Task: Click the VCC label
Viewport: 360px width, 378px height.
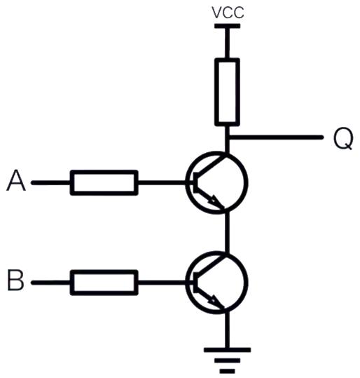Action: coord(228,13)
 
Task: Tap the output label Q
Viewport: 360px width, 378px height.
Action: coord(343,139)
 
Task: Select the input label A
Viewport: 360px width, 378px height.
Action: coord(16,180)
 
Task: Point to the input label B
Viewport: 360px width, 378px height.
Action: coord(15,281)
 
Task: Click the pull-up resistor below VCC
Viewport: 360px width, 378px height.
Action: coord(227,92)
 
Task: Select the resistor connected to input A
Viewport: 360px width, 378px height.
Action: coord(104,182)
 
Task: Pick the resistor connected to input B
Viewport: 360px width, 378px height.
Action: coord(104,283)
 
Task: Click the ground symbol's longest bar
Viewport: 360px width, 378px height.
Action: coord(227,350)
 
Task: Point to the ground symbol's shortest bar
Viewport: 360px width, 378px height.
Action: coord(227,371)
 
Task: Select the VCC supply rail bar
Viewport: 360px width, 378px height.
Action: coord(227,26)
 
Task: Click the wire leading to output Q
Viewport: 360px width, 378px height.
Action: coord(276,137)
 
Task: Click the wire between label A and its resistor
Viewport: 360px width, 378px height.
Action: coord(51,182)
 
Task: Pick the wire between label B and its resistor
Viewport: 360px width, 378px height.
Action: coord(51,283)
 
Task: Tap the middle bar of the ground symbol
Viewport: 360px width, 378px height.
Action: coord(227,361)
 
